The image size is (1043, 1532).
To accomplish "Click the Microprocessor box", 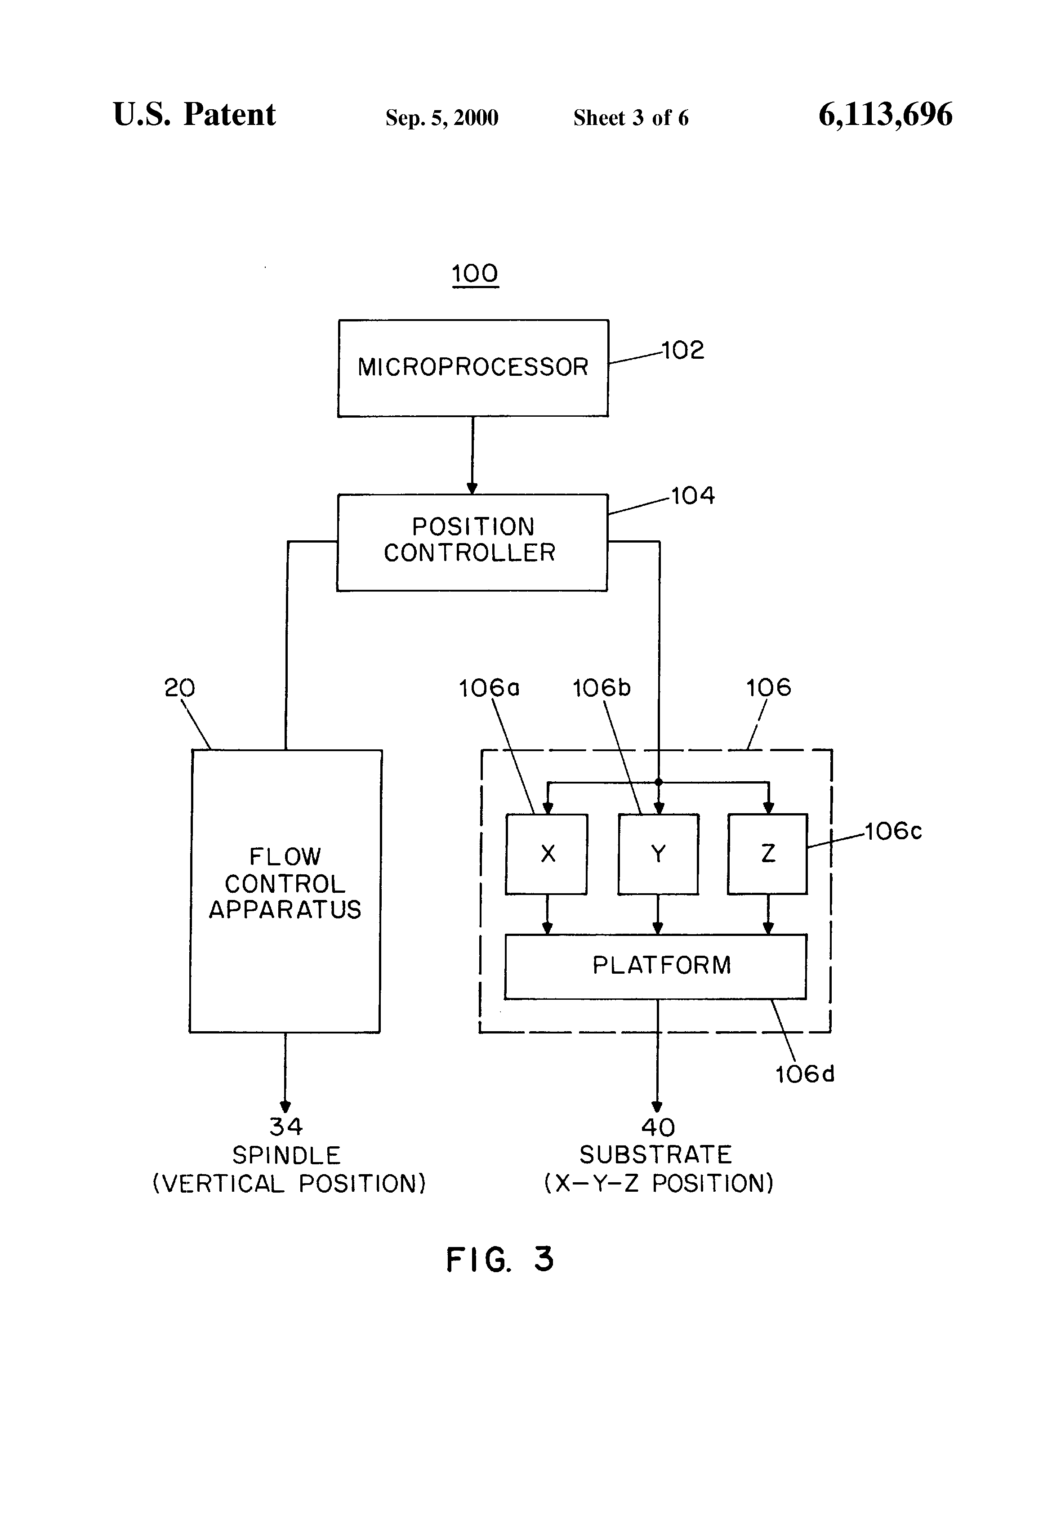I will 472,368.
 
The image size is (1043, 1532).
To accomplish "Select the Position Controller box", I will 472,542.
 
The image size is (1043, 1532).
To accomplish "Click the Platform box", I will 655,966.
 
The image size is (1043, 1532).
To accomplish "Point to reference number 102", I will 683,350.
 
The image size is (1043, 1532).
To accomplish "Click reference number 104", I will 693,496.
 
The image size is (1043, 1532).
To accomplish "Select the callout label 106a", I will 489,688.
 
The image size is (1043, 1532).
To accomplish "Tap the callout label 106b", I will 601,688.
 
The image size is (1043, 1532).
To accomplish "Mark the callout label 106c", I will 893,831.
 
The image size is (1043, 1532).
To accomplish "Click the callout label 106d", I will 804,1074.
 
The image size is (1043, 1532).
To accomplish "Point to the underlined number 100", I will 475,274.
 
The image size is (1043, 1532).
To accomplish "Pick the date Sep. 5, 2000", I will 442,118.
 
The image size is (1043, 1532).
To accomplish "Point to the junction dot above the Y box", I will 658,783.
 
